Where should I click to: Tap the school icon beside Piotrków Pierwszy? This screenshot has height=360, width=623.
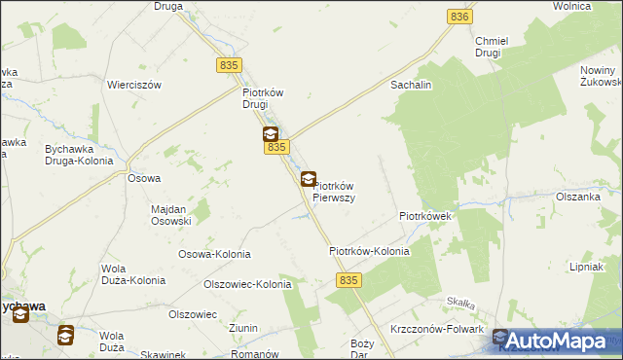[x=308, y=179]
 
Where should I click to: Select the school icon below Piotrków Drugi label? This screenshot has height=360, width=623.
[x=270, y=135]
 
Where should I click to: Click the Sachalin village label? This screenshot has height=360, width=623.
[x=411, y=86]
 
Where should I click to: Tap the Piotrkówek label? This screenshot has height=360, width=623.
[x=423, y=216]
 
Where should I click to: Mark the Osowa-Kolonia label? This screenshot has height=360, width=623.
[x=213, y=254]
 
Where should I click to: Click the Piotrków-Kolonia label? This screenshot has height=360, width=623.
[x=369, y=251]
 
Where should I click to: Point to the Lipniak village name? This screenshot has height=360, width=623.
[x=588, y=266]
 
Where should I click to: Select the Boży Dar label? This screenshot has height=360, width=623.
[x=362, y=349]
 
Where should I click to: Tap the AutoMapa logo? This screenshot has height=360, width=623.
[x=557, y=340]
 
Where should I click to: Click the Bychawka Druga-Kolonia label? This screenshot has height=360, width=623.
[x=79, y=155]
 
